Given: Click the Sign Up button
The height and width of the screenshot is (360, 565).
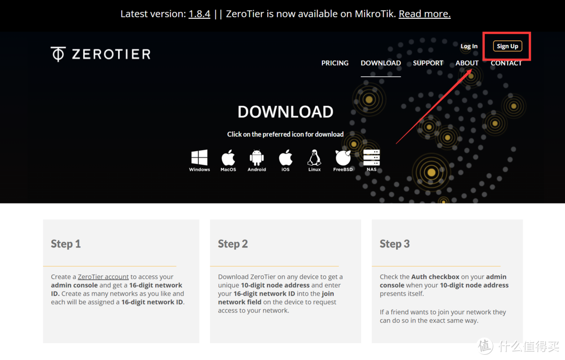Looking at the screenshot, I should pyautogui.click(x=507, y=46).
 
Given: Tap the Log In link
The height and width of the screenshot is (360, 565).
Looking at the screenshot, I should pyautogui.click(x=469, y=46).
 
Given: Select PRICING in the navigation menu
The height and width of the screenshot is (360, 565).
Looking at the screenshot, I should pyautogui.click(x=335, y=63).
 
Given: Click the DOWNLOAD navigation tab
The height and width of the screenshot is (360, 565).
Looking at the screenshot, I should pyautogui.click(x=381, y=63).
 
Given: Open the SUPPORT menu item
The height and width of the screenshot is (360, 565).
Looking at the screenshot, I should pyautogui.click(x=428, y=63).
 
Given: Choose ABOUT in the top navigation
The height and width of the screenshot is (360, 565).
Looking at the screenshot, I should pyautogui.click(x=467, y=63).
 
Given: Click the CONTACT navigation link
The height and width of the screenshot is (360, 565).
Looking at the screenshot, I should pyautogui.click(x=506, y=63).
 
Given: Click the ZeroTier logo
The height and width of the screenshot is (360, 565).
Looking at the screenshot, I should pyautogui.click(x=100, y=54).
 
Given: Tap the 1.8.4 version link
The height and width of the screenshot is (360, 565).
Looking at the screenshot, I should pyautogui.click(x=199, y=14).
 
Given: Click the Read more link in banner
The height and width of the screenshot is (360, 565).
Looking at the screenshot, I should pyautogui.click(x=424, y=14).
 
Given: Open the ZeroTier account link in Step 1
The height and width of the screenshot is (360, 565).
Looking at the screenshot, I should pyautogui.click(x=103, y=277).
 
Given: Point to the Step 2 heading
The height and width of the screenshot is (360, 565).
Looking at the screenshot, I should pyautogui.click(x=233, y=244).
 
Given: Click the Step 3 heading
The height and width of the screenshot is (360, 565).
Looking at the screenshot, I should pyautogui.click(x=394, y=244).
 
